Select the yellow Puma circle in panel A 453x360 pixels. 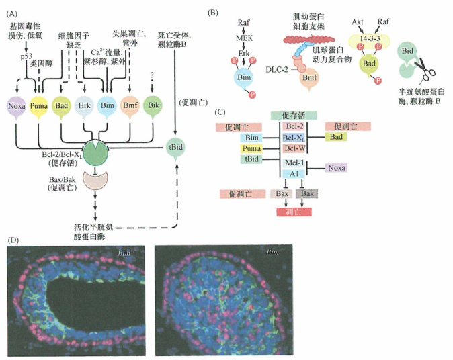tap(41, 106)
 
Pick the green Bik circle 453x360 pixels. tap(153, 106)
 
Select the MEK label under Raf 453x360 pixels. tap(245, 38)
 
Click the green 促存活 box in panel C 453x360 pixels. tap(293, 115)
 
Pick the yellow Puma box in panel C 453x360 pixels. tap(226, 147)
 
